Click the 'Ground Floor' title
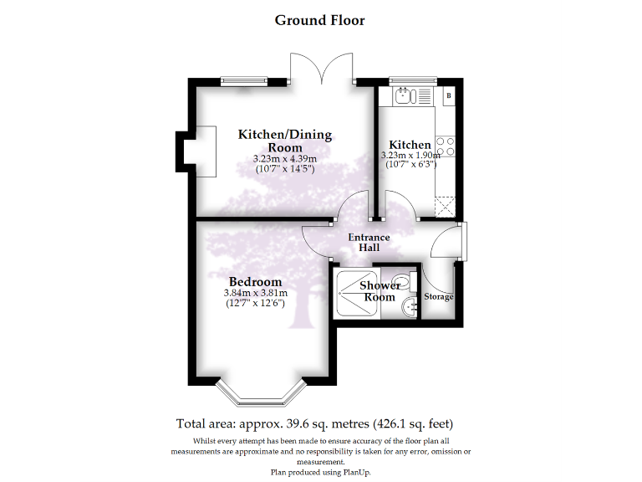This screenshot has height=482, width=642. pos(320,20)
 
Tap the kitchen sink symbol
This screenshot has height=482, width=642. pos(405,95)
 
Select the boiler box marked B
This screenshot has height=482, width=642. pos(449,96)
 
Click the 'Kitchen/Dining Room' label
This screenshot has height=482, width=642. pos(285,141)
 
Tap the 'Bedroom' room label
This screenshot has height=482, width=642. pos(255,282)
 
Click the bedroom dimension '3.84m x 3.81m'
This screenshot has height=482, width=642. pos(255,293)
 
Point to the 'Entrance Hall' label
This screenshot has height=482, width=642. pos(369,243)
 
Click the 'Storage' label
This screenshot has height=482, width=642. pos(439,297)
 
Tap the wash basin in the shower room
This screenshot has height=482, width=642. pos(409,308)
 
